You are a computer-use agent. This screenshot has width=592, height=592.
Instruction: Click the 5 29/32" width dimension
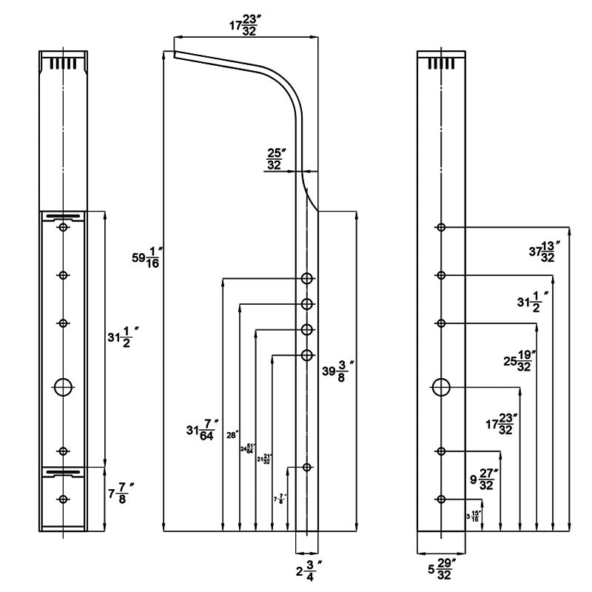point(442,571)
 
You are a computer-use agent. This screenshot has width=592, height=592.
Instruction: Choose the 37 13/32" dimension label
point(545,251)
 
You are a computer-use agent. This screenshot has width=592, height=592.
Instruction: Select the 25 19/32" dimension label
point(518,361)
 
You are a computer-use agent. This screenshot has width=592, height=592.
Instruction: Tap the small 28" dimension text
point(230,435)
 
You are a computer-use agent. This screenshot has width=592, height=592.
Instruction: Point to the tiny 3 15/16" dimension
point(473,516)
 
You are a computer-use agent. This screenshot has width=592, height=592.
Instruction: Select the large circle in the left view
point(64,386)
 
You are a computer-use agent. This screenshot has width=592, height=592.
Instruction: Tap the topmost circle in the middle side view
point(307,279)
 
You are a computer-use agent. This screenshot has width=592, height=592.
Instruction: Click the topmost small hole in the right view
point(441,227)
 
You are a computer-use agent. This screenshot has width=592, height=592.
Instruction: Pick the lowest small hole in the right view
point(441,499)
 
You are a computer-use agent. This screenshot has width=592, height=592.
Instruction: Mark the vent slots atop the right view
point(441,63)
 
